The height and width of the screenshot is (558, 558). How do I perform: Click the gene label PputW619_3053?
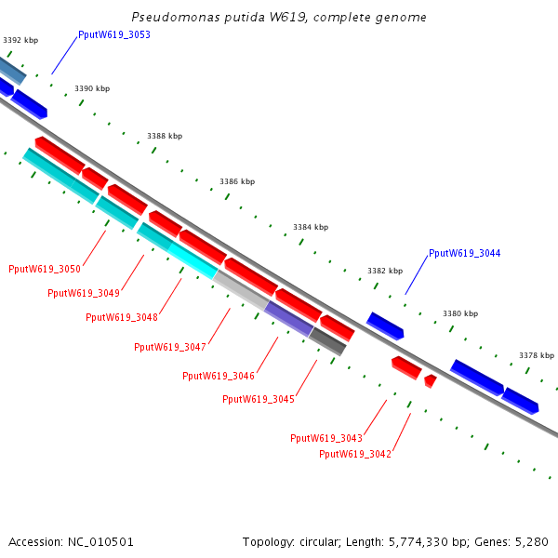(x=114, y=35)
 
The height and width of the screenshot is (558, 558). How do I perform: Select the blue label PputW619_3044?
(x=464, y=253)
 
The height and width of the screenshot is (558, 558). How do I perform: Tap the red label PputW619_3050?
(x=45, y=269)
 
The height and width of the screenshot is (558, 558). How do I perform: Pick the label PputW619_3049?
(x=84, y=293)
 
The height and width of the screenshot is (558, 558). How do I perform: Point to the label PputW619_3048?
(x=122, y=317)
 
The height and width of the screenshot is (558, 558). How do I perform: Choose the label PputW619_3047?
(x=170, y=347)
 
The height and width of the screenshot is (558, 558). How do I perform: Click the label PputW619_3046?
(x=219, y=376)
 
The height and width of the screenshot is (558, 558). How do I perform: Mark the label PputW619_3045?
(x=259, y=399)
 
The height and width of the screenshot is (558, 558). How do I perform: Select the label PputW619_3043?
(x=326, y=438)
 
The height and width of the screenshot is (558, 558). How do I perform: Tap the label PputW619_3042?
(x=355, y=455)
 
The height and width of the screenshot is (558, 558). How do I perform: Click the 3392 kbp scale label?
(x=20, y=40)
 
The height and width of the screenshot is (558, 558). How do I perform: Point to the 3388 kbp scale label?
(x=165, y=136)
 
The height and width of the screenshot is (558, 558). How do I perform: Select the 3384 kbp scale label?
(x=311, y=227)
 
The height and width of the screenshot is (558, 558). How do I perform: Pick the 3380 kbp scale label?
(x=460, y=313)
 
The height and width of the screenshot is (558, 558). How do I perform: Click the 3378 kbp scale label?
(x=537, y=355)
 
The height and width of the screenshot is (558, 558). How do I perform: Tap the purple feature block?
(x=288, y=319)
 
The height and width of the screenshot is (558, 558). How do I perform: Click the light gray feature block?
(x=241, y=290)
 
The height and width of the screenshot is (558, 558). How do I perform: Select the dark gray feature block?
(x=327, y=341)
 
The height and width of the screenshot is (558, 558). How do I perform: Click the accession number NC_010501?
(x=100, y=542)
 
